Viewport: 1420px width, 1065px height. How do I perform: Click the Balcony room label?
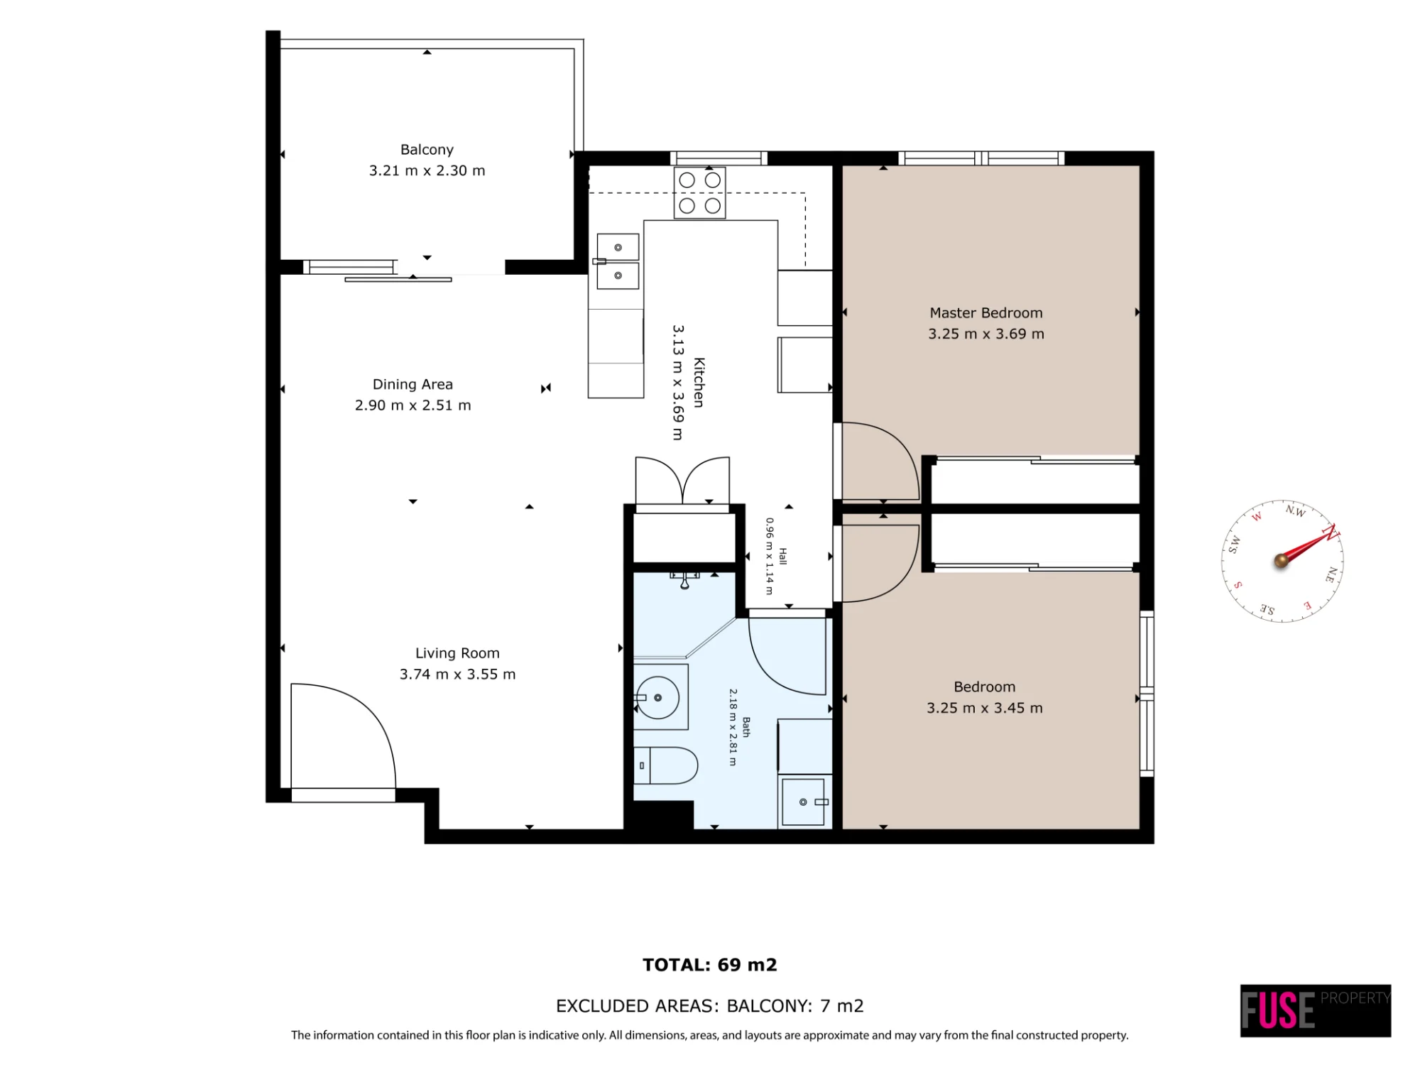(427, 150)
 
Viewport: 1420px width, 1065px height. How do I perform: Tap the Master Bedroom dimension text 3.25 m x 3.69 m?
(986, 334)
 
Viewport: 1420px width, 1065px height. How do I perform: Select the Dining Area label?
(413, 384)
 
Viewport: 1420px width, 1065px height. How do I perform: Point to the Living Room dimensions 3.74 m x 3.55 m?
(457, 674)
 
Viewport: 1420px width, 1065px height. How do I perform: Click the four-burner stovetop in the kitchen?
(699, 193)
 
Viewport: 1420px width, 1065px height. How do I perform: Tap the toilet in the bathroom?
(665, 765)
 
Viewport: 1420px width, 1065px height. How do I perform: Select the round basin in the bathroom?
(657, 698)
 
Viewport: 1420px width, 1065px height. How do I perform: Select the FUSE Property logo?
(1316, 1010)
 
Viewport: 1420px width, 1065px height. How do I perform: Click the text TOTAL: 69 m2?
(710, 965)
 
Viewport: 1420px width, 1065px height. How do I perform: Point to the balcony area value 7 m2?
(842, 1006)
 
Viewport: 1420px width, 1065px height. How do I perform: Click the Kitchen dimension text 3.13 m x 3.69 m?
(678, 383)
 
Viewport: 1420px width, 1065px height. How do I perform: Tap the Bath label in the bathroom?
(746, 727)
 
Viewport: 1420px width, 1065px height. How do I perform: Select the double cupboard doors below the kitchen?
(682, 481)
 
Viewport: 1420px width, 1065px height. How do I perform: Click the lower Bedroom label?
(985, 687)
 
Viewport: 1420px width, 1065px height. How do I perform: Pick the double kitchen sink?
(618, 261)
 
